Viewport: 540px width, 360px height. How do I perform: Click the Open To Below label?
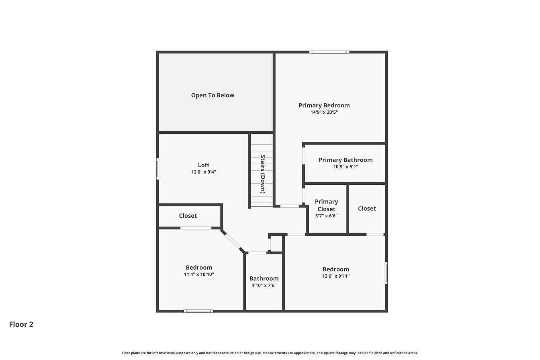pyautogui.click(x=213, y=95)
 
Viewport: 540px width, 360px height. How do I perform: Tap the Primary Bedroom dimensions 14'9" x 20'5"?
pyautogui.click(x=324, y=112)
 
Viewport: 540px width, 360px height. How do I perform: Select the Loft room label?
pyautogui.click(x=203, y=165)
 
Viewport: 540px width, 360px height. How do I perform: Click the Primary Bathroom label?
pyautogui.click(x=346, y=160)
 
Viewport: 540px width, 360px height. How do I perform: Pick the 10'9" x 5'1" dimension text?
pyautogui.click(x=346, y=167)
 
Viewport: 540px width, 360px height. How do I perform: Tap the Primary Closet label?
pyautogui.click(x=326, y=205)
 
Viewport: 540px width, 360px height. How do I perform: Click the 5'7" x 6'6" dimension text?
pyautogui.click(x=326, y=216)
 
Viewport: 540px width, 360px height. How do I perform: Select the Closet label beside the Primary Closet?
pyautogui.click(x=367, y=209)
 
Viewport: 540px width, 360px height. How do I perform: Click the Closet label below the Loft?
pyautogui.click(x=188, y=216)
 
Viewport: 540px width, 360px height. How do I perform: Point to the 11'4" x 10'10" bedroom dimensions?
pyautogui.click(x=199, y=274)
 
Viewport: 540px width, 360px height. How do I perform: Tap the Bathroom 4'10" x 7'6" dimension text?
pyautogui.click(x=264, y=285)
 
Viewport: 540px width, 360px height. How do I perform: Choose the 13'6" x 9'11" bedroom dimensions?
pyautogui.click(x=336, y=276)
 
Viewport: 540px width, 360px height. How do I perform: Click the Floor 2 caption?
pyautogui.click(x=21, y=324)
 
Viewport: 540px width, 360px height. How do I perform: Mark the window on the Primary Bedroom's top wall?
pyautogui.click(x=329, y=52)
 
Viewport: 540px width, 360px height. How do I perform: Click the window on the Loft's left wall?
pyautogui.click(x=157, y=169)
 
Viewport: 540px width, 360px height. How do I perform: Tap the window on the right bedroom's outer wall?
pyautogui.click(x=386, y=273)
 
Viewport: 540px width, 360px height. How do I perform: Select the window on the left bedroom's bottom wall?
pyautogui.click(x=198, y=311)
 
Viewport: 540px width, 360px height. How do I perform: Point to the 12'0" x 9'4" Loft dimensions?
pyautogui.click(x=203, y=172)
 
